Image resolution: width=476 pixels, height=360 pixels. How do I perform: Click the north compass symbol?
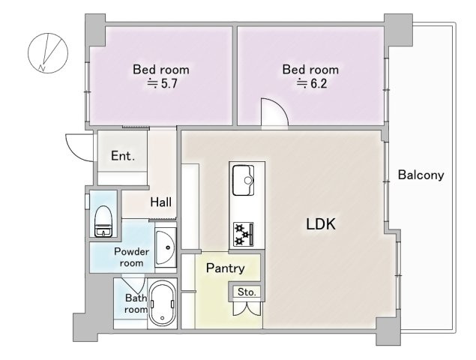[x=48, y=52]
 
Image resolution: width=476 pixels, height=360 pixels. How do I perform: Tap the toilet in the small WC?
[x=103, y=220]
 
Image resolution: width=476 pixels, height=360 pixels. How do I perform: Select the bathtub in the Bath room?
[x=162, y=303]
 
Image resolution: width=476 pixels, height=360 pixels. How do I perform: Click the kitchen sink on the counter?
[x=244, y=180]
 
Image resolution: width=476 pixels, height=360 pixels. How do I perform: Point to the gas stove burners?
[x=243, y=234]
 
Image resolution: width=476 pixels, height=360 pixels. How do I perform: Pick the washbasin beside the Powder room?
[x=166, y=247]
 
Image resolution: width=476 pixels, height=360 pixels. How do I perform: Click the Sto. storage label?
[x=247, y=292]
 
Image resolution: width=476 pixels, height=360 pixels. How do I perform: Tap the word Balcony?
[x=421, y=175]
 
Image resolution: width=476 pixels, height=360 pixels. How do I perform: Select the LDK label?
[x=321, y=224]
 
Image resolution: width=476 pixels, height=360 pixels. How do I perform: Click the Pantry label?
[x=225, y=268]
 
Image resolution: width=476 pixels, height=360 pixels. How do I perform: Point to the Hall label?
[x=161, y=202]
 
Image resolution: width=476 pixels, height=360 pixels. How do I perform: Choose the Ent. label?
[x=123, y=156]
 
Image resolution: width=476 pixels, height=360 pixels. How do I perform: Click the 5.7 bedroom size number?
[x=169, y=83]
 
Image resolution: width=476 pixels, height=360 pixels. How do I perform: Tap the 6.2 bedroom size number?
[x=319, y=83]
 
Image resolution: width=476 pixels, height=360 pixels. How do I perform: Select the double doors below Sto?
[x=247, y=308]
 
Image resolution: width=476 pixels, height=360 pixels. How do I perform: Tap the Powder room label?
[x=131, y=257]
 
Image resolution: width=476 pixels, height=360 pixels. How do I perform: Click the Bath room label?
[x=136, y=304]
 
